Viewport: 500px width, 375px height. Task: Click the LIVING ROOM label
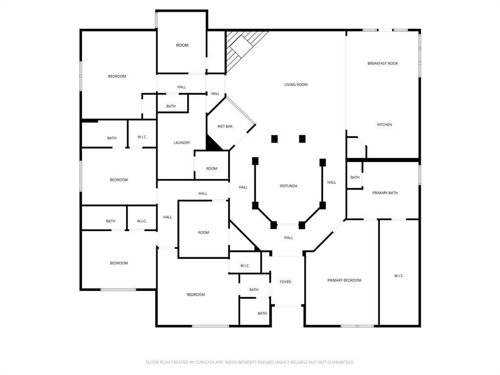(x=296, y=85)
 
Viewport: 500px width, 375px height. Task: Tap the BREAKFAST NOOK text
(x=382, y=63)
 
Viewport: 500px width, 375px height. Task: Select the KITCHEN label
(x=384, y=125)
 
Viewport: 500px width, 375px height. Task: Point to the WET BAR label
(x=225, y=126)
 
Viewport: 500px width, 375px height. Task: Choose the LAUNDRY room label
(x=182, y=143)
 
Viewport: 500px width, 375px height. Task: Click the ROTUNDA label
(x=289, y=186)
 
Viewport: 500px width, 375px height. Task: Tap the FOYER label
(x=285, y=282)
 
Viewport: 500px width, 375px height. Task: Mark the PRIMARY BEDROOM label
(x=344, y=280)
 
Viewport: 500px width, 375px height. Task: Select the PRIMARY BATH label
(x=385, y=193)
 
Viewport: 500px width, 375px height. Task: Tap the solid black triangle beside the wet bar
(x=212, y=144)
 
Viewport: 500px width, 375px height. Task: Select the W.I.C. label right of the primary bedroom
(x=399, y=276)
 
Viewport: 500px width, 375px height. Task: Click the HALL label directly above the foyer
(x=289, y=238)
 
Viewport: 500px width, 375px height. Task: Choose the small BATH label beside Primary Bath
(x=355, y=178)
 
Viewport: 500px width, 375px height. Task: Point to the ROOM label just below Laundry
(x=211, y=169)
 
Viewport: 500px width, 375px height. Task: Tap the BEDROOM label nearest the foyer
(x=196, y=295)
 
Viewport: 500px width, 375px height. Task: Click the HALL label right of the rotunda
(x=332, y=183)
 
